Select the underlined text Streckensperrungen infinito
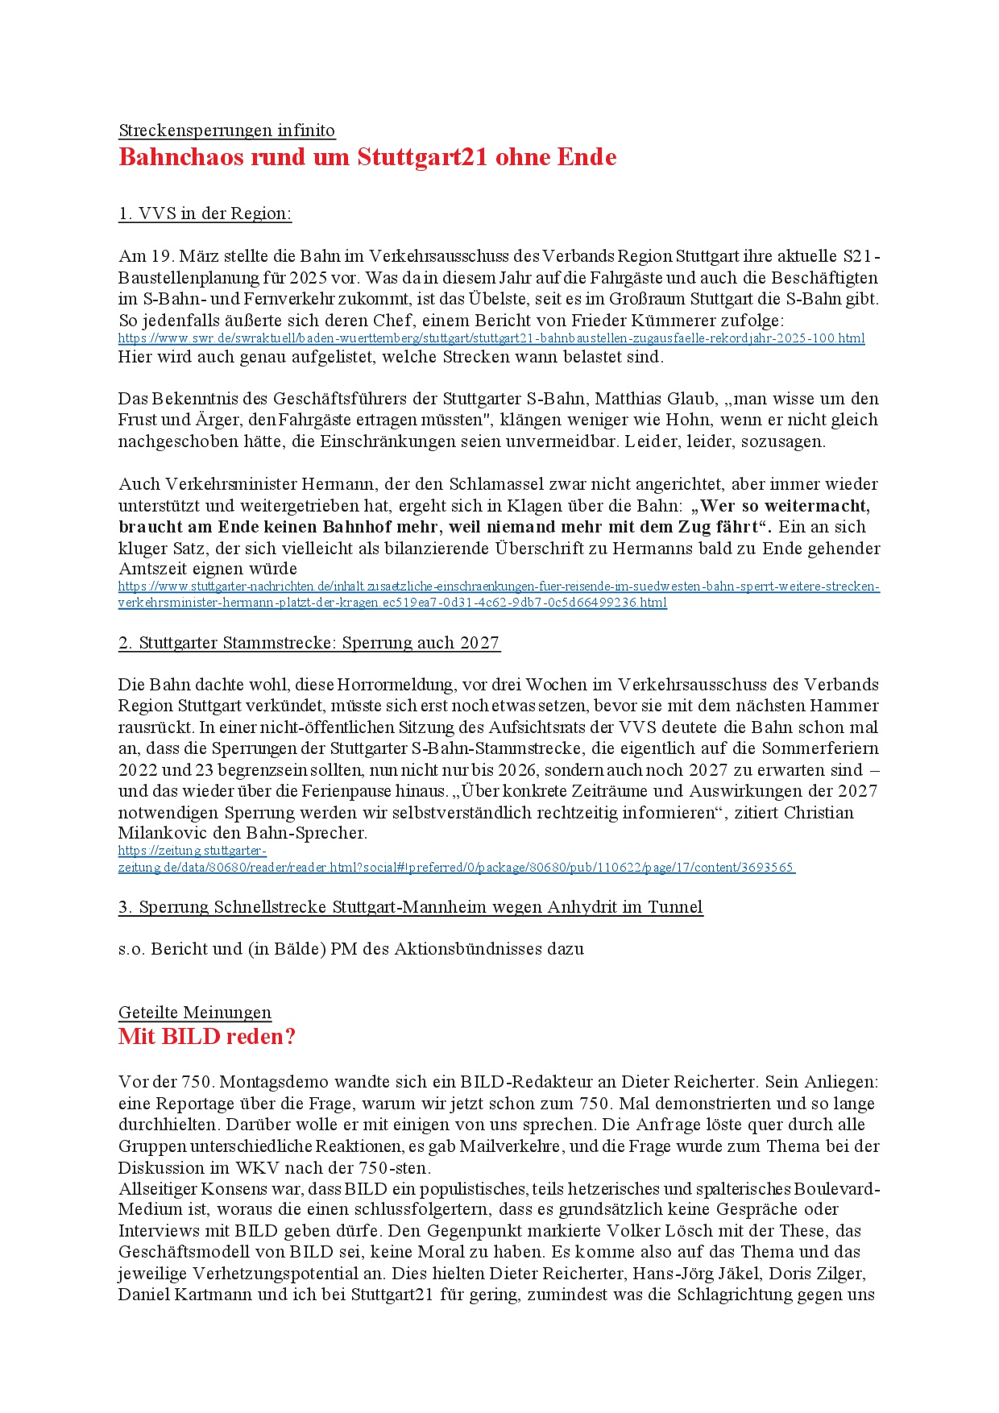226,131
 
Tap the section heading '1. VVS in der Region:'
205,213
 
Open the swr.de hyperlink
491,338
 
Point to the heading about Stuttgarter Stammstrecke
309,643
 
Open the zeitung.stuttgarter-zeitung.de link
456,868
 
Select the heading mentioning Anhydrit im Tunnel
411,907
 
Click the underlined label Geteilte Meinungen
195,1013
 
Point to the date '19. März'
180,257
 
